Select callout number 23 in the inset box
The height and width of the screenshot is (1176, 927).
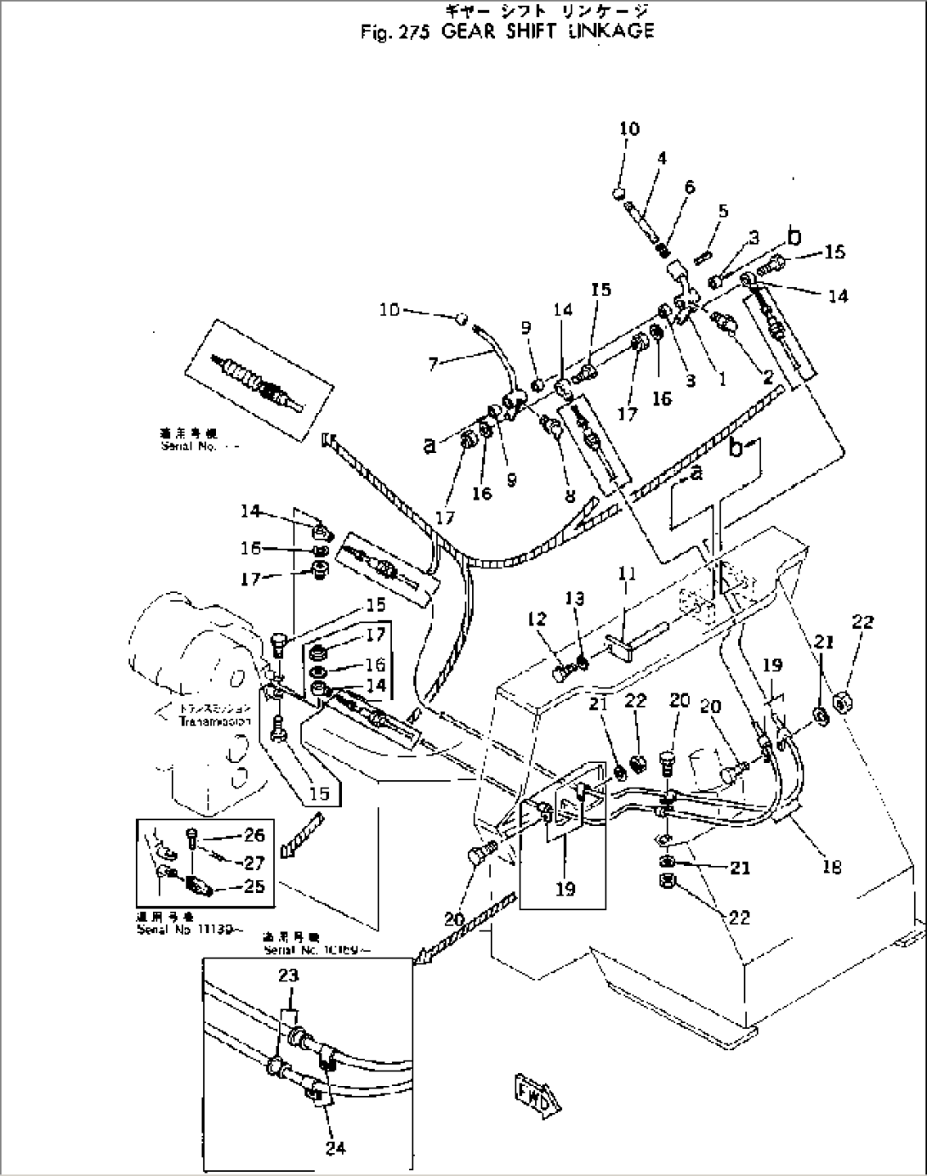click(x=288, y=975)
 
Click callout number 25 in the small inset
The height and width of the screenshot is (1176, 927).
click(x=253, y=887)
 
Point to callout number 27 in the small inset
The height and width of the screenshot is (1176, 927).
click(x=253, y=862)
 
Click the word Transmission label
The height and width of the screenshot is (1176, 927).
click(x=215, y=721)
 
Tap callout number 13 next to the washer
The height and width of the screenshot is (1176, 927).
click(x=576, y=599)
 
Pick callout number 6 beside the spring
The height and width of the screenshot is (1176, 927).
click(x=689, y=187)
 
